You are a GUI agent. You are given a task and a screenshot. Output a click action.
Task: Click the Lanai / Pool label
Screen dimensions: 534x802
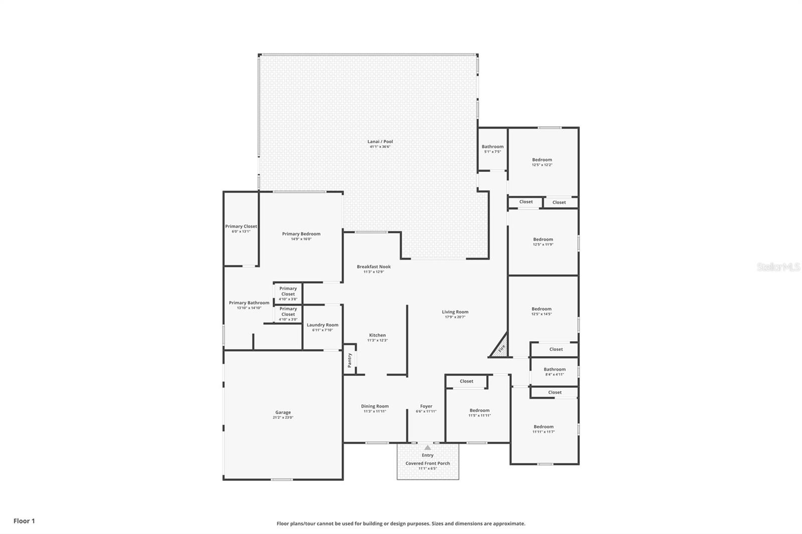(x=380, y=142)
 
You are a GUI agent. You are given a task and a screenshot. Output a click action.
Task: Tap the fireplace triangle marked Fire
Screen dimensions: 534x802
(x=501, y=348)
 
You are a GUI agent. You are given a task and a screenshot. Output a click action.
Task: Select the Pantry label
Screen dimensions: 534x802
(x=350, y=359)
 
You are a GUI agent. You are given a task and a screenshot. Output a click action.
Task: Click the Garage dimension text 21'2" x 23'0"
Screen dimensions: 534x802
(x=283, y=417)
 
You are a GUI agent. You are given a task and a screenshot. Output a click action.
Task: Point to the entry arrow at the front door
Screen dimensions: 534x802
(x=427, y=447)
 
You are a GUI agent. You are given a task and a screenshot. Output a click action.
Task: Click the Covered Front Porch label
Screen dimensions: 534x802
(x=428, y=463)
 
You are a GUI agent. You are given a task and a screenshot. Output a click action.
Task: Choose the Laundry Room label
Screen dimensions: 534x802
(x=322, y=325)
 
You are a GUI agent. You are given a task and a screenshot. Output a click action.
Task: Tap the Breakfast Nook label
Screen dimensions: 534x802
(x=373, y=267)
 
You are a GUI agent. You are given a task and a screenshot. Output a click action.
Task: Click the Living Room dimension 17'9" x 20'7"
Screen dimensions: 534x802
(x=455, y=317)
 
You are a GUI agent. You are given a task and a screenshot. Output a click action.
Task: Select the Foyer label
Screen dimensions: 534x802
(x=426, y=406)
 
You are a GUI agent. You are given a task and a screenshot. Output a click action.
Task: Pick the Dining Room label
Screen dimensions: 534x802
(x=375, y=406)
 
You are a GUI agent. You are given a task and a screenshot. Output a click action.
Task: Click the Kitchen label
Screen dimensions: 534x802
(x=377, y=335)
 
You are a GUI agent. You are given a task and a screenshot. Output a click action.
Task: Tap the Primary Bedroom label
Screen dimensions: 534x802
(x=301, y=234)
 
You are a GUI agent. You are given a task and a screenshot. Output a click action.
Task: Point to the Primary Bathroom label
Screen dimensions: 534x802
(x=249, y=303)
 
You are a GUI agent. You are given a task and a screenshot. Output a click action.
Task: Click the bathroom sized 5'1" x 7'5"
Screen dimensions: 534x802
(x=492, y=149)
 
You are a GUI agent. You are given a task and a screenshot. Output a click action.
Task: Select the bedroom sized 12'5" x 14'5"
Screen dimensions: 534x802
(x=541, y=311)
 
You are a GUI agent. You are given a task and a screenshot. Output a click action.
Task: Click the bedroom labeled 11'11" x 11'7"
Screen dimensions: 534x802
(x=543, y=429)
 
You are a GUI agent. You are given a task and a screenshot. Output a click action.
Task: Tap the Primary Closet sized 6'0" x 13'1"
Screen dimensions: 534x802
(x=241, y=228)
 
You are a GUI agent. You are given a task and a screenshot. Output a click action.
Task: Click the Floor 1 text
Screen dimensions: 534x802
(x=24, y=521)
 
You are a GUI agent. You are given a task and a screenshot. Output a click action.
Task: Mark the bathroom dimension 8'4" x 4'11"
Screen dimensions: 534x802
(x=554, y=374)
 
